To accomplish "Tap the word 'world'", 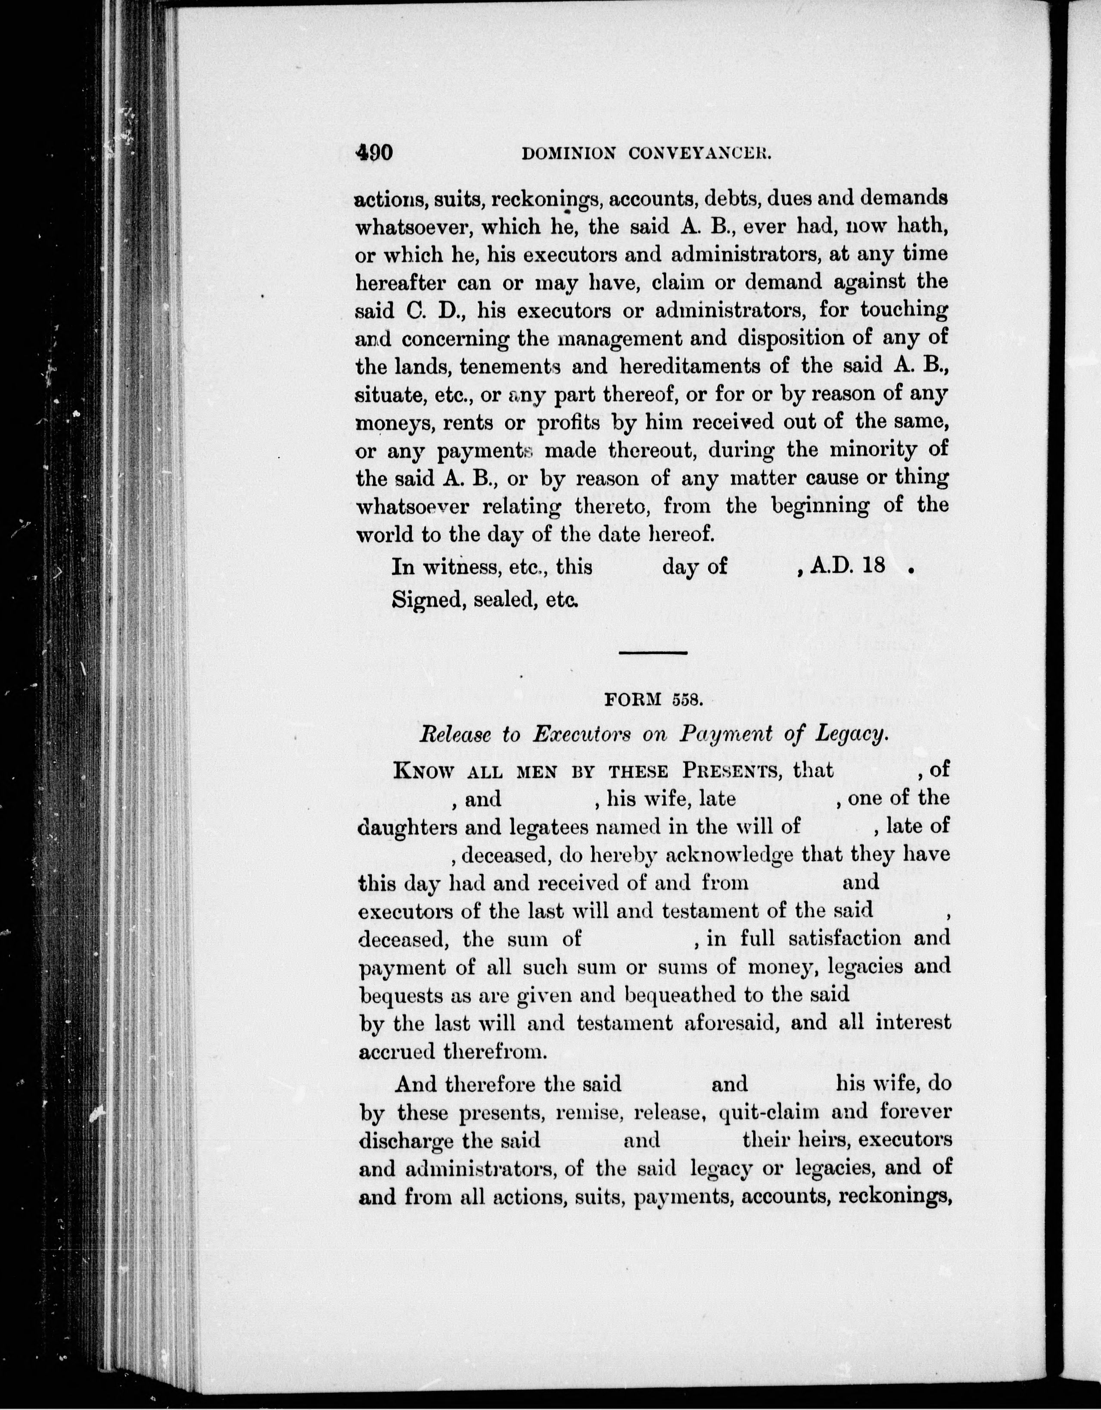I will tap(383, 534).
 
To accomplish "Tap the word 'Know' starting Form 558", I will tap(423, 771).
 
